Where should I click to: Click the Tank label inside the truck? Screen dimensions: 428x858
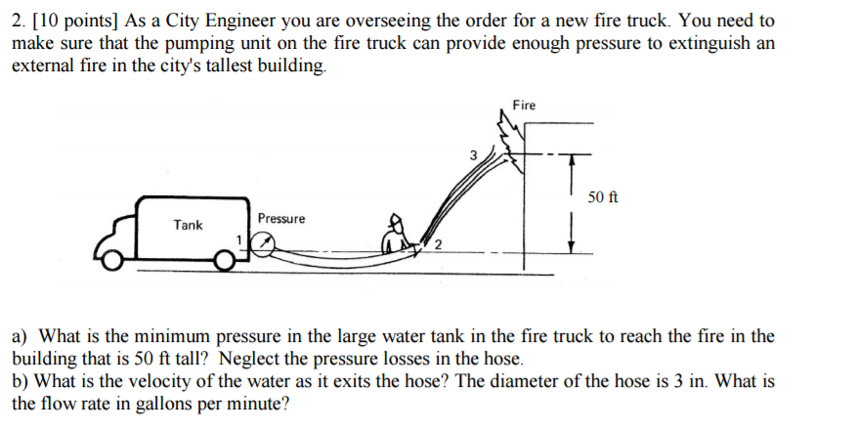[188, 225]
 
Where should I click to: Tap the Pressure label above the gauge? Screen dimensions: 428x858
[281, 218]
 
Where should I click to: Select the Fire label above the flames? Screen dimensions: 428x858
[525, 105]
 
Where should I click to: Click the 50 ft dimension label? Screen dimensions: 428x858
[603, 198]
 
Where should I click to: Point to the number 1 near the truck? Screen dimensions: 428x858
[238, 238]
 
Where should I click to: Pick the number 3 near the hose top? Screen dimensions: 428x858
[473, 154]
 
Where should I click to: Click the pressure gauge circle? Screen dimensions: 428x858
[261, 244]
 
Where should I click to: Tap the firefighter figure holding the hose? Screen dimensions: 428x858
[398, 235]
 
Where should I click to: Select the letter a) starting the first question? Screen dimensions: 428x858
[20, 336]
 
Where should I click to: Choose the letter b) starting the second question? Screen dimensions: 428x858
[20, 381]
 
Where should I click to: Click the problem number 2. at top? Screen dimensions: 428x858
[17, 21]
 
